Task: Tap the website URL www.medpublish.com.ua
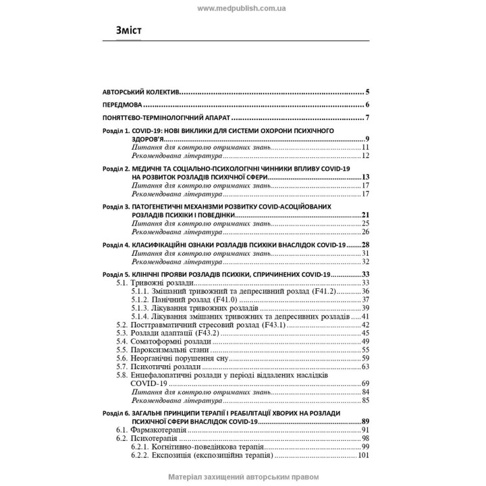click(x=242, y=7)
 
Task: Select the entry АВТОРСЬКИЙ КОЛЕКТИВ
click(x=141, y=92)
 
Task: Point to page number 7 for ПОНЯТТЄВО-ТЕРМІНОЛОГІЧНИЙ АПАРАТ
click(x=367, y=119)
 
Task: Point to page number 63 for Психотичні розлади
click(x=365, y=367)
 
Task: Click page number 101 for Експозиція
click(x=363, y=455)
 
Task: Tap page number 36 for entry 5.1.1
click(x=365, y=291)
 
